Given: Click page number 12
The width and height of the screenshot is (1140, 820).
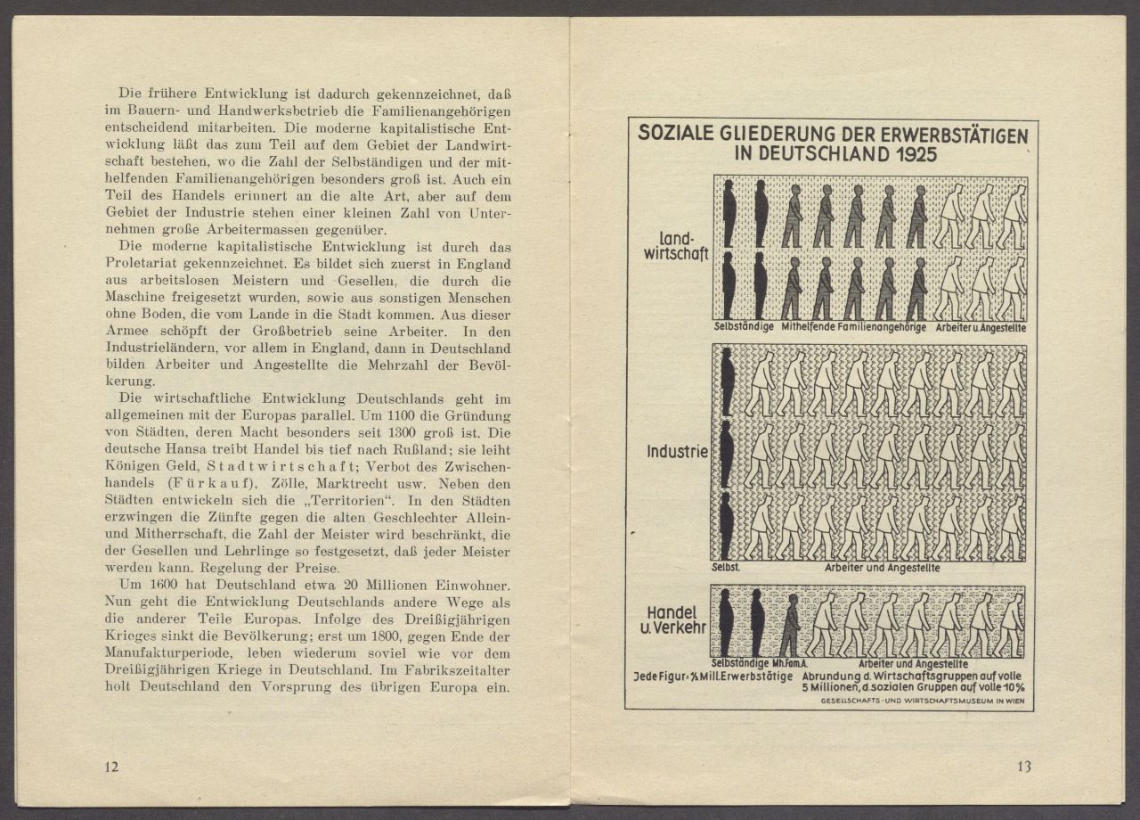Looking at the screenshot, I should [111, 767].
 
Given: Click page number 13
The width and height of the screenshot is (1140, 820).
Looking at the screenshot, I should [1023, 767].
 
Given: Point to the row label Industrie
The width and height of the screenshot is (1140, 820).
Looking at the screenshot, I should [678, 452].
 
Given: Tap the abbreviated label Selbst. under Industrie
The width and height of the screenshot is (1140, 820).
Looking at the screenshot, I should [727, 567].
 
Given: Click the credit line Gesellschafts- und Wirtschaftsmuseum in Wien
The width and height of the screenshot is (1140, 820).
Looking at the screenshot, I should [921, 701].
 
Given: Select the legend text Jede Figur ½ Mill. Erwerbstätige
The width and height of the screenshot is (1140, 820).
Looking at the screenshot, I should [712, 676].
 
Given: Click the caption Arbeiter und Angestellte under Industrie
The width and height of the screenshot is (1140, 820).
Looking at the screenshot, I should [882, 568].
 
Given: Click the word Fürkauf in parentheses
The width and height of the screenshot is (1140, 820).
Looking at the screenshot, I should [214, 483].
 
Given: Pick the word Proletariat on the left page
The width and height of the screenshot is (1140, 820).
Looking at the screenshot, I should [150, 263].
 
